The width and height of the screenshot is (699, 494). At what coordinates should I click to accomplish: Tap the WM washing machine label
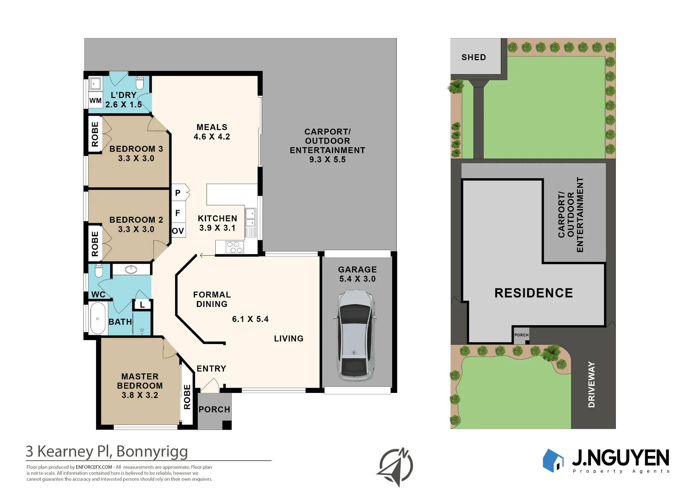pyautogui.click(x=95, y=101)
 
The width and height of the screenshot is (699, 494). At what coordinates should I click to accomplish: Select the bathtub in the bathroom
pyautogui.click(x=98, y=318)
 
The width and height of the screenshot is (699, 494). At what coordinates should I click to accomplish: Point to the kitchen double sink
pyautogui.click(x=251, y=218)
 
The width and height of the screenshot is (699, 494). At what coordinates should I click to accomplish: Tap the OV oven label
pyautogui.click(x=178, y=231)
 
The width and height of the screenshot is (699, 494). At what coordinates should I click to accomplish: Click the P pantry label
pyautogui.click(x=178, y=193)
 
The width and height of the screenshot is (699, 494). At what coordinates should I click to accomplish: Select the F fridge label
pyautogui.click(x=178, y=213)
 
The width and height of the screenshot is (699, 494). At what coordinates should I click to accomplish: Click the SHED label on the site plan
pyautogui.click(x=474, y=57)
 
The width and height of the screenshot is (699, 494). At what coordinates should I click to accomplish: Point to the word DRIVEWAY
pyautogui.click(x=591, y=384)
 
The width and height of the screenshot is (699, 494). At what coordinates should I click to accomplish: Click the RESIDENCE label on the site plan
pyautogui.click(x=534, y=293)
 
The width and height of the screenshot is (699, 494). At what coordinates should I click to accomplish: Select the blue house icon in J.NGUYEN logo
pyautogui.click(x=553, y=460)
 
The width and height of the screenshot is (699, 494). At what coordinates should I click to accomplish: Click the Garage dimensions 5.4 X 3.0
pyautogui.click(x=358, y=279)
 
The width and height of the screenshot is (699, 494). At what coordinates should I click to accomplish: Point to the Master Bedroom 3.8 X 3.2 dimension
pyautogui.click(x=140, y=395)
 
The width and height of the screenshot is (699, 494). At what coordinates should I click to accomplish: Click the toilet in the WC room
pyautogui.click(x=99, y=270)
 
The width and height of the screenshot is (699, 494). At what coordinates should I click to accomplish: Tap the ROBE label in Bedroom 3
pyautogui.click(x=95, y=134)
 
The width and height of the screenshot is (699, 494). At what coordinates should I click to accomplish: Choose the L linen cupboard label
pyautogui.click(x=142, y=305)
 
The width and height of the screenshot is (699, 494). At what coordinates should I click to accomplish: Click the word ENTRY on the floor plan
pyautogui.click(x=211, y=368)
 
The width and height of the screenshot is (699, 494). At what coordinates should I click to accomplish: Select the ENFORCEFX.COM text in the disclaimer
pyautogui.click(x=94, y=467)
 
